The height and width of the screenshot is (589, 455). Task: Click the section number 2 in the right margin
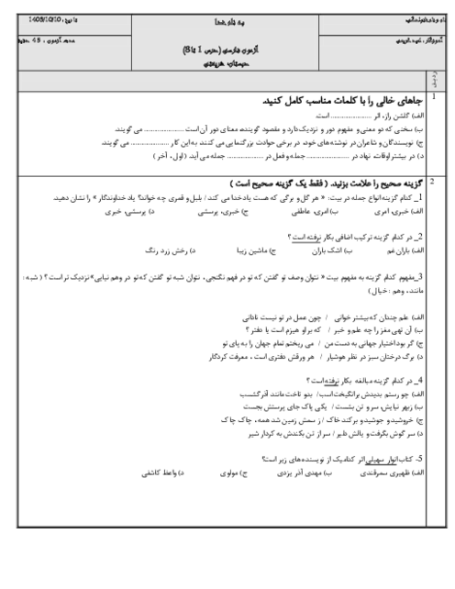432,182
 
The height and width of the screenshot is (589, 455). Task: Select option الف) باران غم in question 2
400,250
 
